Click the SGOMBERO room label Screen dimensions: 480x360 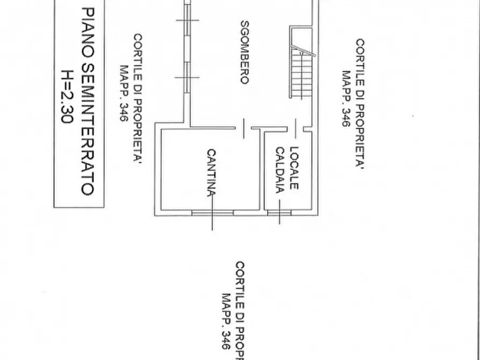(245, 52)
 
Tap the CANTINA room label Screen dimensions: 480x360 (212, 172)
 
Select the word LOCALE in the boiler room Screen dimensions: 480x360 (294, 168)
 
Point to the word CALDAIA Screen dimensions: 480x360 (280, 170)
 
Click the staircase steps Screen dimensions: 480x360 (302, 74)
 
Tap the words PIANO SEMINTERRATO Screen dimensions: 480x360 (88, 102)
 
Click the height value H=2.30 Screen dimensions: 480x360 (67, 97)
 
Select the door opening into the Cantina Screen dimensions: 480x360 (243, 128)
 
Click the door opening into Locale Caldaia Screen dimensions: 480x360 (296, 128)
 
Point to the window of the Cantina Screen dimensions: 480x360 (213, 213)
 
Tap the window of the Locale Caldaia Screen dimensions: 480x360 (279, 213)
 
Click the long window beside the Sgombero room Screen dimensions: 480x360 (187, 46)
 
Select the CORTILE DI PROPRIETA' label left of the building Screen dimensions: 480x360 (138, 98)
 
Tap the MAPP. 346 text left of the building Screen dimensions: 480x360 (124, 93)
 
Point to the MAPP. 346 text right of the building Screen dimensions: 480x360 (346, 98)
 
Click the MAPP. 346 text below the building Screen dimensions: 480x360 (226, 321)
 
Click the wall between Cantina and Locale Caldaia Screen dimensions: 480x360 (262, 170)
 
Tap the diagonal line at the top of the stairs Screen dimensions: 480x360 (303, 51)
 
